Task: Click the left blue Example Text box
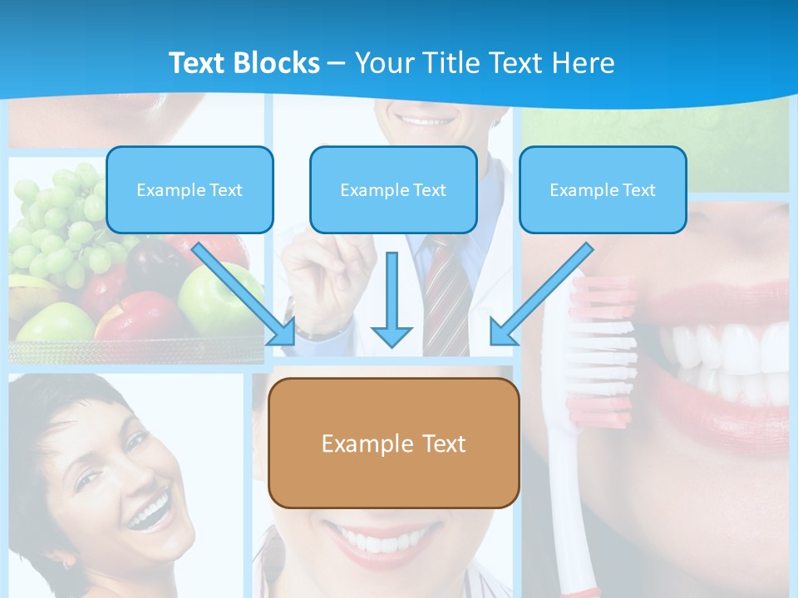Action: pyautogui.click(x=190, y=190)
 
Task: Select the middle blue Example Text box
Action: pyautogui.click(x=393, y=190)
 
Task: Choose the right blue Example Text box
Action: pyautogui.click(x=603, y=190)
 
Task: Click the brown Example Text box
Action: pyautogui.click(x=393, y=444)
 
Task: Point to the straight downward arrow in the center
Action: pyautogui.click(x=392, y=299)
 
